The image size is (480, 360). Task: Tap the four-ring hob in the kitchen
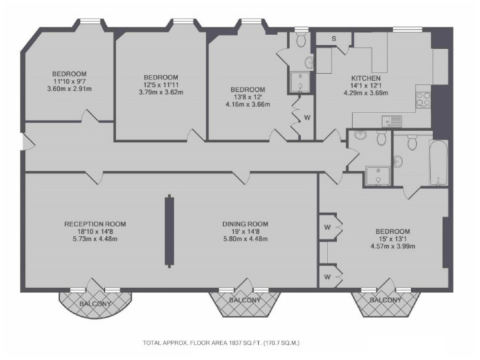pyautogui.click(x=422, y=99)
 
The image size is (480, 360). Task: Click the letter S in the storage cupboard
pyautogui.click(x=334, y=39)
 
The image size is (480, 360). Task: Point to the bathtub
pyautogui.click(x=438, y=162)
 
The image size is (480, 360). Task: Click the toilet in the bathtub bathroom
pyautogui.click(x=411, y=144)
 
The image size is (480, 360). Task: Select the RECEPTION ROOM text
pyautogui.click(x=95, y=224)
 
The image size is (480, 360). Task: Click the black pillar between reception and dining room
pyautogui.click(x=169, y=231)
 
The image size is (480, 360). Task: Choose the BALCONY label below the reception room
pyautogui.click(x=95, y=304)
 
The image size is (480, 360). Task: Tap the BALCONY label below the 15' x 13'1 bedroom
pyautogui.click(x=386, y=301)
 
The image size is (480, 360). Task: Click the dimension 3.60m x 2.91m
pyautogui.click(x=69, y=89)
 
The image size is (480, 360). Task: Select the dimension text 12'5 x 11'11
pyautogui.click(x=161, y=85)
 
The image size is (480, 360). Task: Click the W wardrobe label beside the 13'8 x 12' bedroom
pyautogui.click(x=307, y=117)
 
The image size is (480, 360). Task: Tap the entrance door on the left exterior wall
pyautogui.click(x=24, y=142)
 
